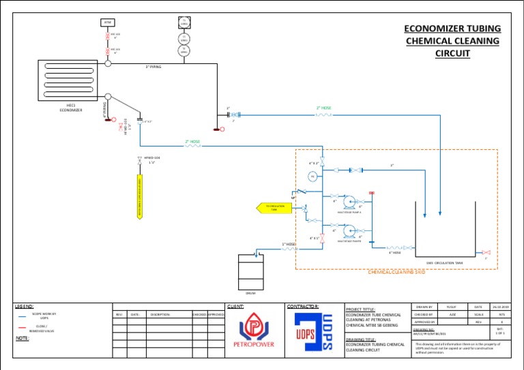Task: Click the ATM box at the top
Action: point(107,22)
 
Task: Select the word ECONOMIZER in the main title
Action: point(433,29)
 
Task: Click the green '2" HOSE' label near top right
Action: point(324,108)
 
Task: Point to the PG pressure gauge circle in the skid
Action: point(312,176)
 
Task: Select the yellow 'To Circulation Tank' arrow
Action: point(274,207)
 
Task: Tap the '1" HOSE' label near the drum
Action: point(289,243)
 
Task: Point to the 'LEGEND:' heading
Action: point(25,307)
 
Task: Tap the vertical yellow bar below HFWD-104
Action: point(140,198)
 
